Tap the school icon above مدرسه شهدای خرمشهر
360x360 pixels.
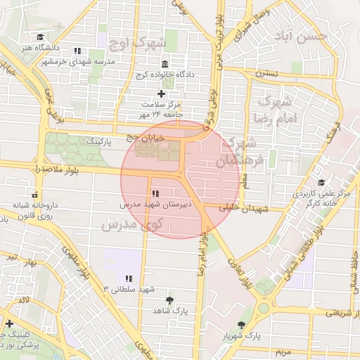click(77, 51)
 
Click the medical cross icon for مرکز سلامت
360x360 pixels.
click(161, 93)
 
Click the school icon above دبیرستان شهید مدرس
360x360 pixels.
click(154, 193)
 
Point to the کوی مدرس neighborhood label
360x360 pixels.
click(132, 224)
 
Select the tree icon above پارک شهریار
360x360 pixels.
click(243, 324)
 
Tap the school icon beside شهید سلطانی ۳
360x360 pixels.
click(129, 278)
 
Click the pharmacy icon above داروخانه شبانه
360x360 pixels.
click(34, 194)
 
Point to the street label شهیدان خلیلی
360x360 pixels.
click(244, 209)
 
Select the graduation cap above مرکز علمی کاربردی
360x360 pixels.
click(321, 182)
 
